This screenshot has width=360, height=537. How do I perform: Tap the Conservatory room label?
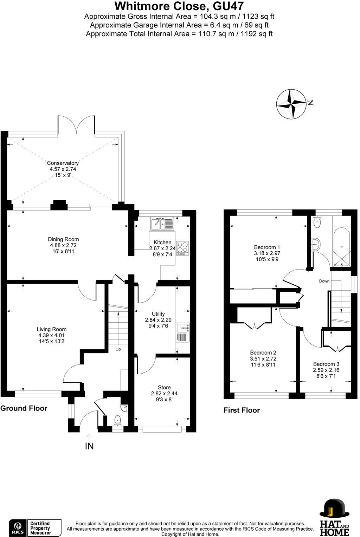click(x=63, y=163)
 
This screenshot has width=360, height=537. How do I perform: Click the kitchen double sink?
click(x=162, y=223)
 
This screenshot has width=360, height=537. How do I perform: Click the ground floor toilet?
click(x=117, y=420)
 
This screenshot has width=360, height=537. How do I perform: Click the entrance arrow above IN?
click(x=89, y=437)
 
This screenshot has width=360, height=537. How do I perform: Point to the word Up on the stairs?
click(x=118, y=349)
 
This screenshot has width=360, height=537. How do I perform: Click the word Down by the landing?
click(x=324, y=281)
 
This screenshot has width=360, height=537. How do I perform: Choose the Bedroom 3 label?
click(x=326, y=364)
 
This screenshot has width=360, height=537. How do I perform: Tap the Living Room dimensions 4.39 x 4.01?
click(x=52, y=335)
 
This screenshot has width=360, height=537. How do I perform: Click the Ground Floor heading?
click(x=24, y=408)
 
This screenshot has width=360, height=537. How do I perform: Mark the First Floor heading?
click(x=242, y=410)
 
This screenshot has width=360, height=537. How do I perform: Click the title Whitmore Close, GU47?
click(x=179, y=6)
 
